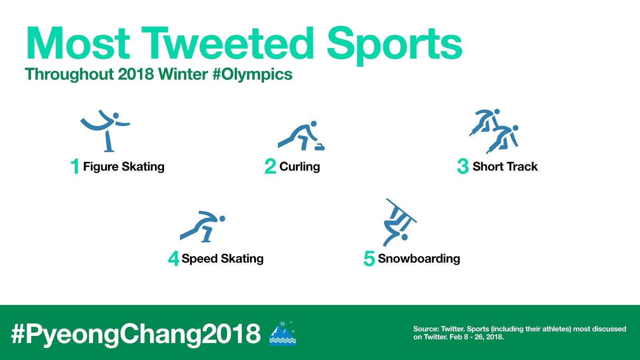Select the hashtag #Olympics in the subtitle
pyautogui.click(x=252, y=75)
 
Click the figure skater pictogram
pyautogui.click(x=105, y=131)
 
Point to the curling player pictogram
pyautogui.click(x=301, y=136)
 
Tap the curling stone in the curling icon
pyautogui.click(x=320, y=147)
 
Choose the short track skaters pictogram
pyautogui.click(x=494, y=131)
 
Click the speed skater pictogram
pyautogui.click(x=202, y=226)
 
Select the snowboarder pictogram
pyautogui.click(x=400, y=222)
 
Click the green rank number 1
pyautogui.click(x=75, y=166)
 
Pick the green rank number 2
pyautogui.click(x=270, y=166)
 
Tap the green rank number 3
pyautogui.click(x=463, y=166)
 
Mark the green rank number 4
pyautogui.click(x=174, y=258)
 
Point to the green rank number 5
pyautogui.click(x=369, y=258)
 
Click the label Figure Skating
pyautogui.click(x=124, y=167)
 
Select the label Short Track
pyautogui.click(x=505, y=166)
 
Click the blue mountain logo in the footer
pyautogui.click(x=282, y=333)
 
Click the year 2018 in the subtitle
pyautogui.click(x=136, y=74)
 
